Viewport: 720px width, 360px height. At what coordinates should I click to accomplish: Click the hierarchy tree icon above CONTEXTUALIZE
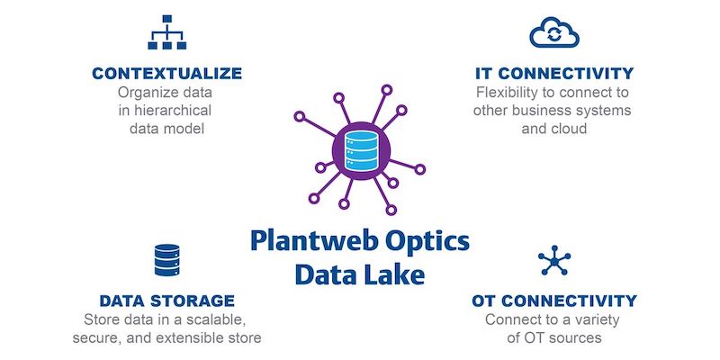[x=166, y=32]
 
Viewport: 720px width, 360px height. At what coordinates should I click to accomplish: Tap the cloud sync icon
[x=554, y=32]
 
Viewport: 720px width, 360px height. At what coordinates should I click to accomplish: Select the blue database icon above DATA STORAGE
[x=166, y=260]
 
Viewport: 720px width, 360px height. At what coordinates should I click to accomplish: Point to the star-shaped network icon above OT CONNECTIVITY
[x=554, y=260]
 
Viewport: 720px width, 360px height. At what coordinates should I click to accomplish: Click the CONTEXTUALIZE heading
[x=166, y=74]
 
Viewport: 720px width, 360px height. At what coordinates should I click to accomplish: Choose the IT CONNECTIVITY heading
[x=554, y=74]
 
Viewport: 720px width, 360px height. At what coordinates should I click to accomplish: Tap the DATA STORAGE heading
[x=167, y=301]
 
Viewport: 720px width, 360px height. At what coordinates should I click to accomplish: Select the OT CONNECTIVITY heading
[x=554, y=301]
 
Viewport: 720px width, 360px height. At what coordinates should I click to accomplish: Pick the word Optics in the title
[x=427, y=242]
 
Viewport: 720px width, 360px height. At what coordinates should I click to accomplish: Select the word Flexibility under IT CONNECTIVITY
[x=508, y=93]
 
